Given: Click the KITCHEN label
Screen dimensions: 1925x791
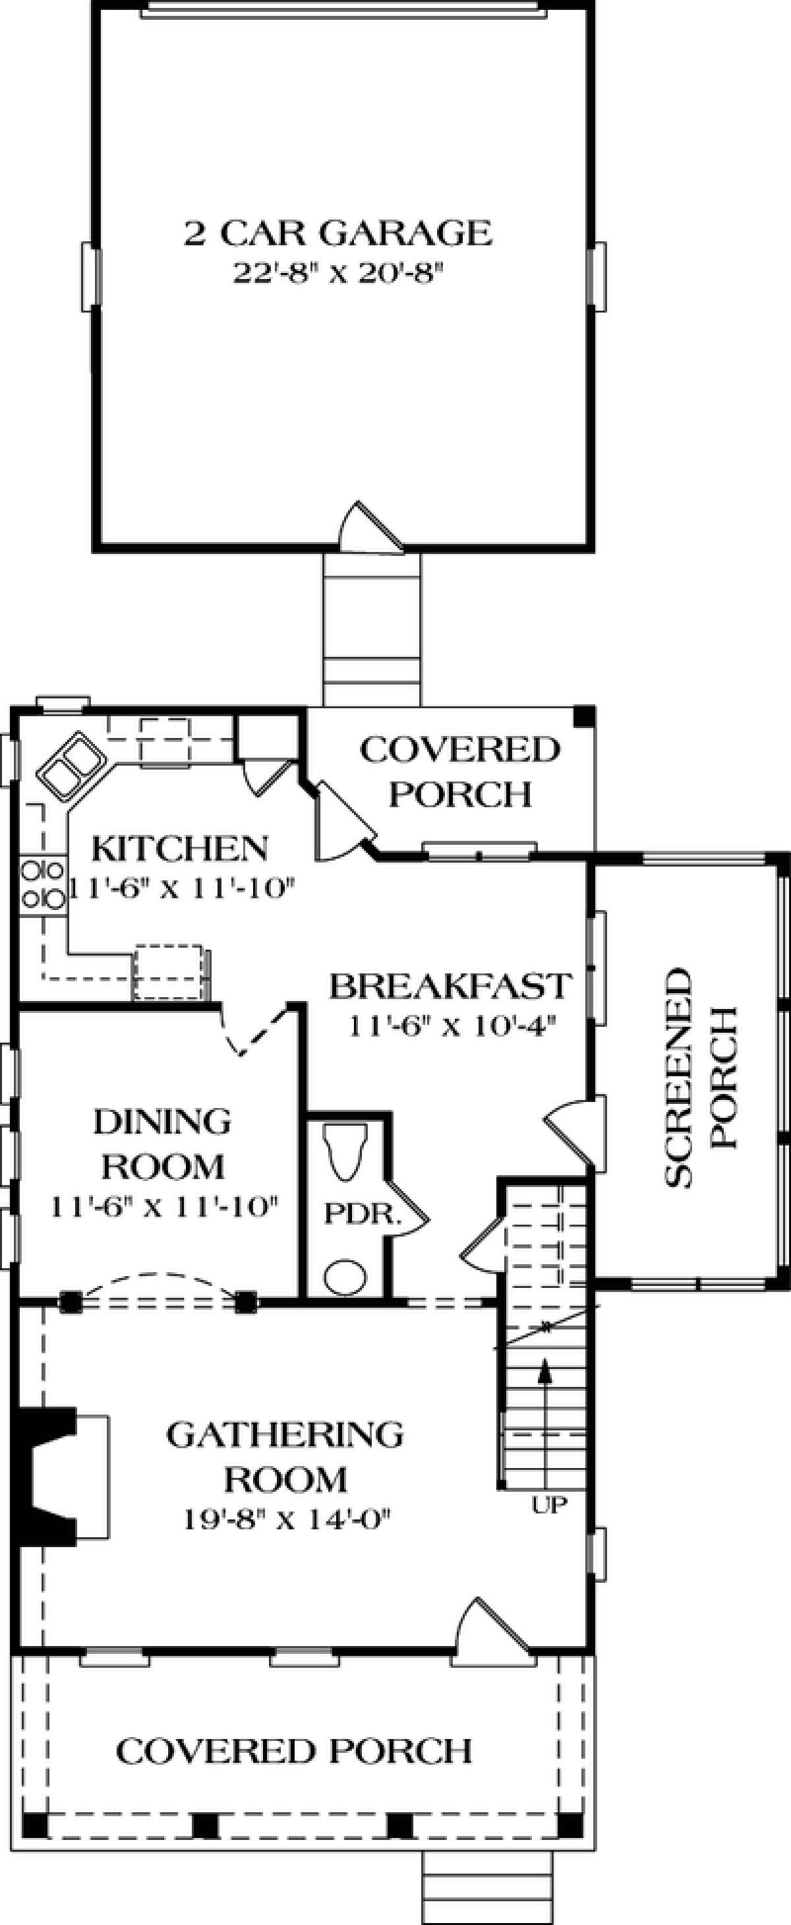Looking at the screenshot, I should (x=179, y=848).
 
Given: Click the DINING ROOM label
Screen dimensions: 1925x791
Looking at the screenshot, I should (x=162, y=1144).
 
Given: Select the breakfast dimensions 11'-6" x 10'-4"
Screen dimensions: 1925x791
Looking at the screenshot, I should (x=452, y=1026).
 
